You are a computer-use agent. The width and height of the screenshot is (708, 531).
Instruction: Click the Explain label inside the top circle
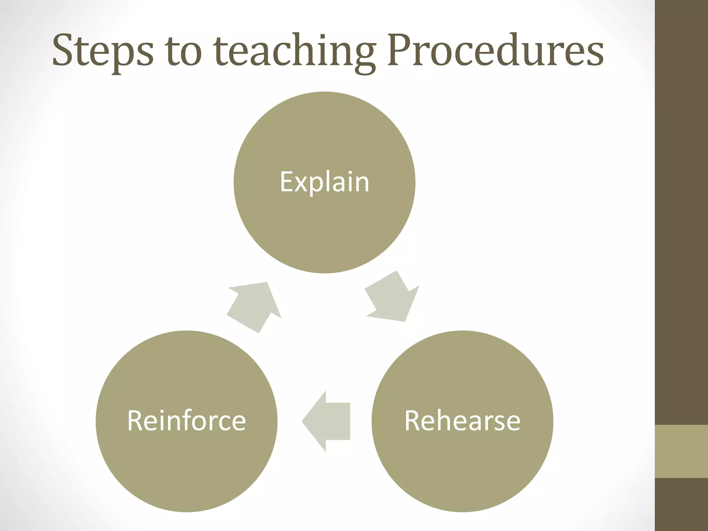[324, 182]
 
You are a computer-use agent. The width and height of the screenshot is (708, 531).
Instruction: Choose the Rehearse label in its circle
[462, 421]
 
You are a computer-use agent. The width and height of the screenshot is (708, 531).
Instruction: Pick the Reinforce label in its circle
[186, 421]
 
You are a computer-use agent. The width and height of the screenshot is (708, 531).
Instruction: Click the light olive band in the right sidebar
[681, 451]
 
